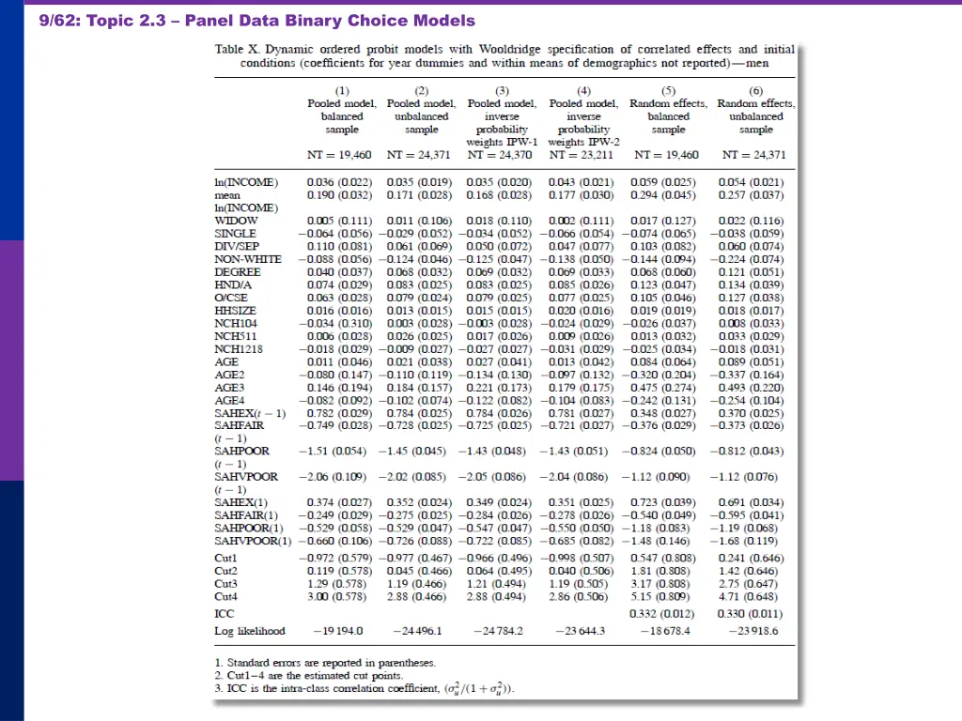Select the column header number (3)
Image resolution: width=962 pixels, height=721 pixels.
point(502,90)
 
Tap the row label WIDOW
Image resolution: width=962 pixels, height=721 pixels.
point(236,221)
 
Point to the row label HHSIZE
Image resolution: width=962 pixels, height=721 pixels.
point(235,310)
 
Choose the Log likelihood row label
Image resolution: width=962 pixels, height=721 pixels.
point(249,631)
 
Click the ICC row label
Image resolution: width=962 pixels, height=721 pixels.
point(225,613)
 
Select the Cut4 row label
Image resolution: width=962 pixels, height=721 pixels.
point(225,596)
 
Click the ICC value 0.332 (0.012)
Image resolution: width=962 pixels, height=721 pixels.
point(667,613)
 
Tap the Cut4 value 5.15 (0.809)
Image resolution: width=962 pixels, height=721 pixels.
point(667,596)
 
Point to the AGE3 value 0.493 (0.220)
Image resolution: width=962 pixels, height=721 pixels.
point(751,387)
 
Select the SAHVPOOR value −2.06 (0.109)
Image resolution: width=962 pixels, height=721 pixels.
point(334,477)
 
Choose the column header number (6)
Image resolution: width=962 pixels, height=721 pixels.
point(756,90)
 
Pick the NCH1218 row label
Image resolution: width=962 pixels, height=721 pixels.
point(239,348)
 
